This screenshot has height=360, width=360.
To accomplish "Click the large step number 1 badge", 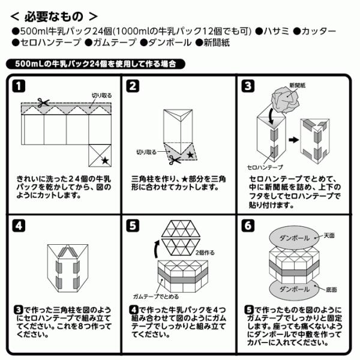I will click(20, 86).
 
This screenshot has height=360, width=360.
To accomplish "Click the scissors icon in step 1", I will click(43, 103).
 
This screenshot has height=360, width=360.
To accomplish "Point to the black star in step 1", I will click(104, 160).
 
